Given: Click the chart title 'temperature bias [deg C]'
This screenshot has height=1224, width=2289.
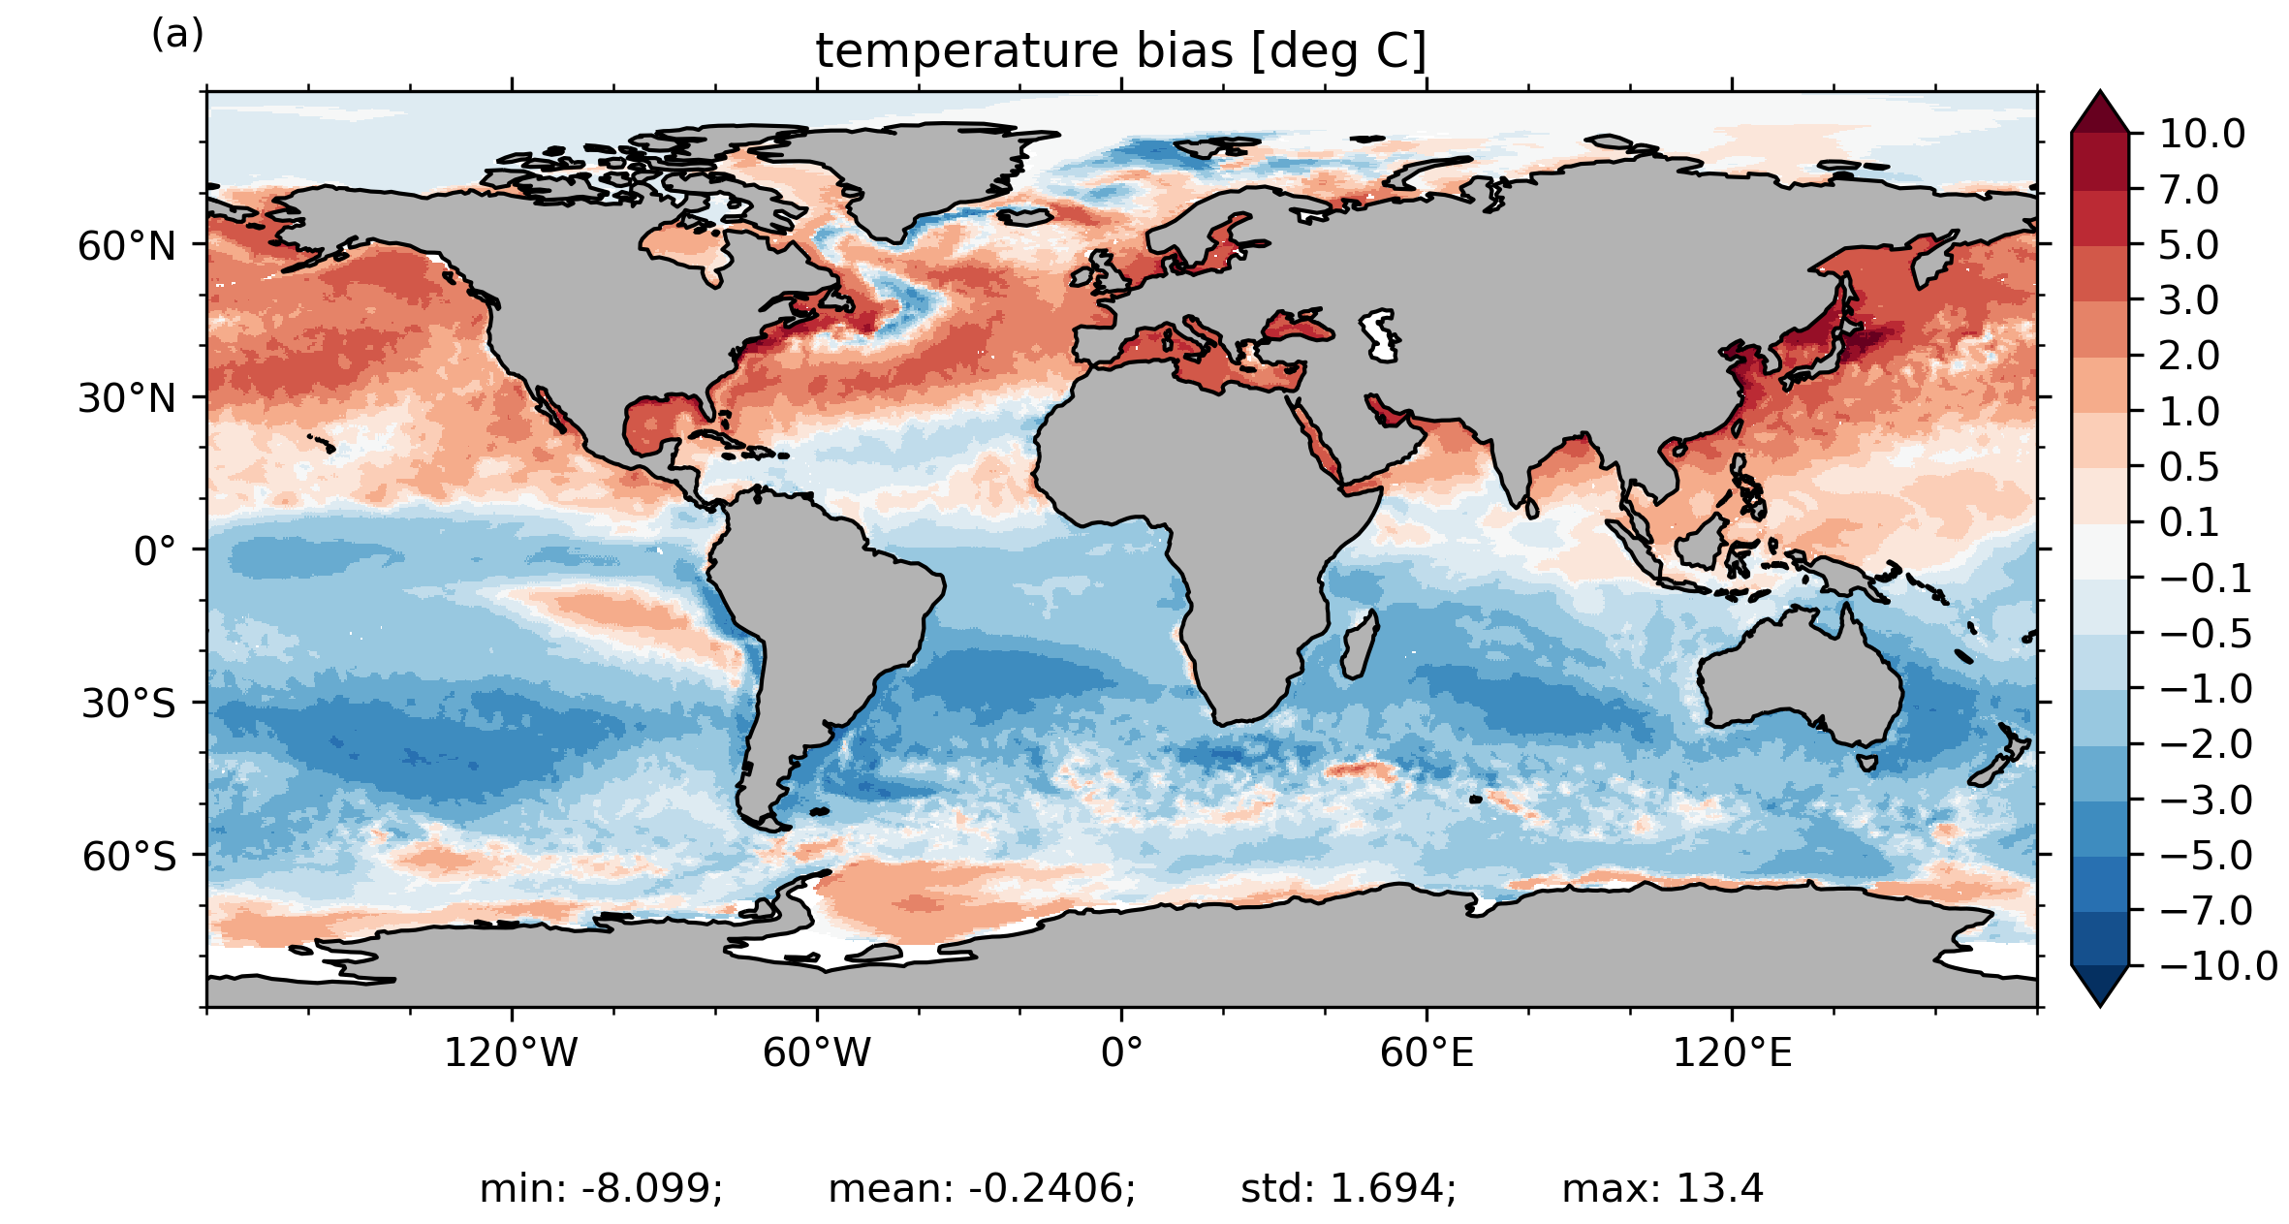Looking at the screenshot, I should [1121, 50].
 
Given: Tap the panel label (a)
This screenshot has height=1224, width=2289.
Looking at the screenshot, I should [177, 35].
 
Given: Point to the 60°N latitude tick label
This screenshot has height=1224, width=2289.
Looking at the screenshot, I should [127, 246].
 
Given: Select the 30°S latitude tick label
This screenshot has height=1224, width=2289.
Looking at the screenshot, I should [129, 704].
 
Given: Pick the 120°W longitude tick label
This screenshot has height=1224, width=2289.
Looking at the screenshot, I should [511, 1052].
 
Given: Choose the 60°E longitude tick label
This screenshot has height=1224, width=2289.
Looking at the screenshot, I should [1427, 1052].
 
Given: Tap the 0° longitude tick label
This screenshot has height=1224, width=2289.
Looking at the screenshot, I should [1121, 1052].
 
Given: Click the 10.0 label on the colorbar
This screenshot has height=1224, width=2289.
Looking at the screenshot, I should [2202, 134].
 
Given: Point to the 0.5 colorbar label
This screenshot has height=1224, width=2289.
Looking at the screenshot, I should [2189, 467].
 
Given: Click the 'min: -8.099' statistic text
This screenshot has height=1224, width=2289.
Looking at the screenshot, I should [601, 1188].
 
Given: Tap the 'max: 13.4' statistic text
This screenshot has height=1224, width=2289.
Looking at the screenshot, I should [1663, 1188].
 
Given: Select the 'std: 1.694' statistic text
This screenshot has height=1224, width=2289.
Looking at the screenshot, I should [1348, 1188].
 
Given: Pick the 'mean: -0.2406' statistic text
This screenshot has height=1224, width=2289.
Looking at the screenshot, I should [982, 1188].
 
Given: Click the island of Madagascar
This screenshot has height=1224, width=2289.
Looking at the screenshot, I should [1359, 645].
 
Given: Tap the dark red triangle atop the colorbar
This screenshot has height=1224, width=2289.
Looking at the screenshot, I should [2100, 112].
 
